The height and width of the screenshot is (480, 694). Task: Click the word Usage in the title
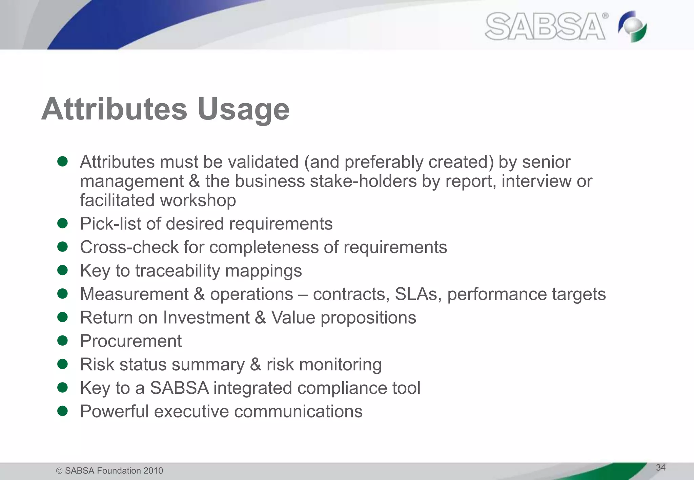click(x=243, y=109)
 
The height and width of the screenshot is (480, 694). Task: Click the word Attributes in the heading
click(x=114, y=109)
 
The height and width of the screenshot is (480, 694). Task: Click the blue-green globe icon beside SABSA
click(x=632, y=27)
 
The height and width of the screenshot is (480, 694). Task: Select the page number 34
click(x=660, y=467)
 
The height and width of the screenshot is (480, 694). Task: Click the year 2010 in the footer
click(x=153, y=471)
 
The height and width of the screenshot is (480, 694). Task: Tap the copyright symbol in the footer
click(x=59, y=471)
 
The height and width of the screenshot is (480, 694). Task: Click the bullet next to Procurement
click(x=63, y=341)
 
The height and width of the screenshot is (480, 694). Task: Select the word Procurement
click(x=131, y=341)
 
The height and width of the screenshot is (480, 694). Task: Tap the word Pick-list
click(x=110, y=224)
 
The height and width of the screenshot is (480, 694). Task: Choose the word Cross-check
click(x=129, y=247)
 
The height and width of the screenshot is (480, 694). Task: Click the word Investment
click(x=206, y=318)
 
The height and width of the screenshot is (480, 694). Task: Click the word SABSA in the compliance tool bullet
click(x=179, y=388)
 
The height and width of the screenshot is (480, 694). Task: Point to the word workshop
click(x=198, y=200)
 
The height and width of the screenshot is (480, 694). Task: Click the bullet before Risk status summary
click(x=63, y=364)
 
